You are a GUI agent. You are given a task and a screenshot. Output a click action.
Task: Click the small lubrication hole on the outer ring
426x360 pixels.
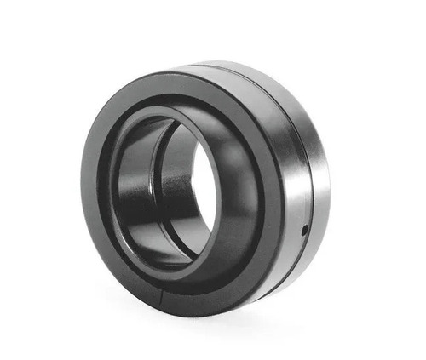[305, 228]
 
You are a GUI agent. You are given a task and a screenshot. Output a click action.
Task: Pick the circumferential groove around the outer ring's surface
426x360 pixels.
[308, 170]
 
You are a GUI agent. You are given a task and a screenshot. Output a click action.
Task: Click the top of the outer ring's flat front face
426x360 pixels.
[170, 81]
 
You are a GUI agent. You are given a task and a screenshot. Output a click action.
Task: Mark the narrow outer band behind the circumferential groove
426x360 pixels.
[319, 170]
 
